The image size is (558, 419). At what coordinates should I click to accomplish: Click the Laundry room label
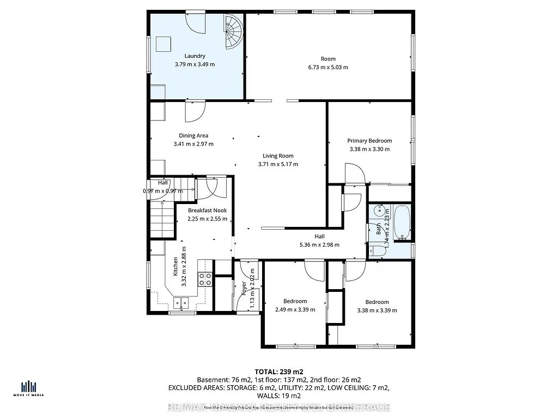tap(195, 56)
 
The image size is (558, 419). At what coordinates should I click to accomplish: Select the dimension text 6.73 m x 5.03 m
tap(328, 67)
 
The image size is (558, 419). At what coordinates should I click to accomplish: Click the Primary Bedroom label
tap(369, 141)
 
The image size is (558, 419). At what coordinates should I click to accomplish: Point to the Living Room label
tap(278, 155)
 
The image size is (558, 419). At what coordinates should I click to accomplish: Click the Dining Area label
tap(193, 136)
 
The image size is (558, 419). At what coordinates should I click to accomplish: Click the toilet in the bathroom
tap(377, 250)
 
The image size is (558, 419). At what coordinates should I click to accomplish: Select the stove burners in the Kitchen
tap(205, 279)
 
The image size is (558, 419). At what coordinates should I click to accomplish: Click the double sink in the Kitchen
tap(180, 302)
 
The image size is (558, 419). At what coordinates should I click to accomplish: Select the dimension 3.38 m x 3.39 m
tap(377, 310)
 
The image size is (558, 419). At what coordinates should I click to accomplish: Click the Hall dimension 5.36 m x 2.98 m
tap(319, 245)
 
